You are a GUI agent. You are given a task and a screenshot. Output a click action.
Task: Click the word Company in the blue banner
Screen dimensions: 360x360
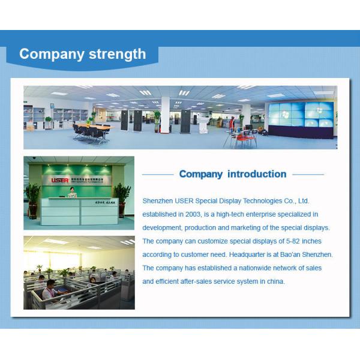pos(52,54)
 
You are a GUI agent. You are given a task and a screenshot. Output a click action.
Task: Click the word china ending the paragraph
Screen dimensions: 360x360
pos(275,281)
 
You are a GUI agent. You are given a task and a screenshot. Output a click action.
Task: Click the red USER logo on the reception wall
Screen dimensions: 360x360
pos(60,179)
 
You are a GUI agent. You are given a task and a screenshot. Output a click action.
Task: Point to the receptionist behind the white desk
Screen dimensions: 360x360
pos(73,192)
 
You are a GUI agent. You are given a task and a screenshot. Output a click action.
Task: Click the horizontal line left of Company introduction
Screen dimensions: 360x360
pos(158,175)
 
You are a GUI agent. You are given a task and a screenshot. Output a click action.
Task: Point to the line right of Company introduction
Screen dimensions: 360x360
pos(308,175)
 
